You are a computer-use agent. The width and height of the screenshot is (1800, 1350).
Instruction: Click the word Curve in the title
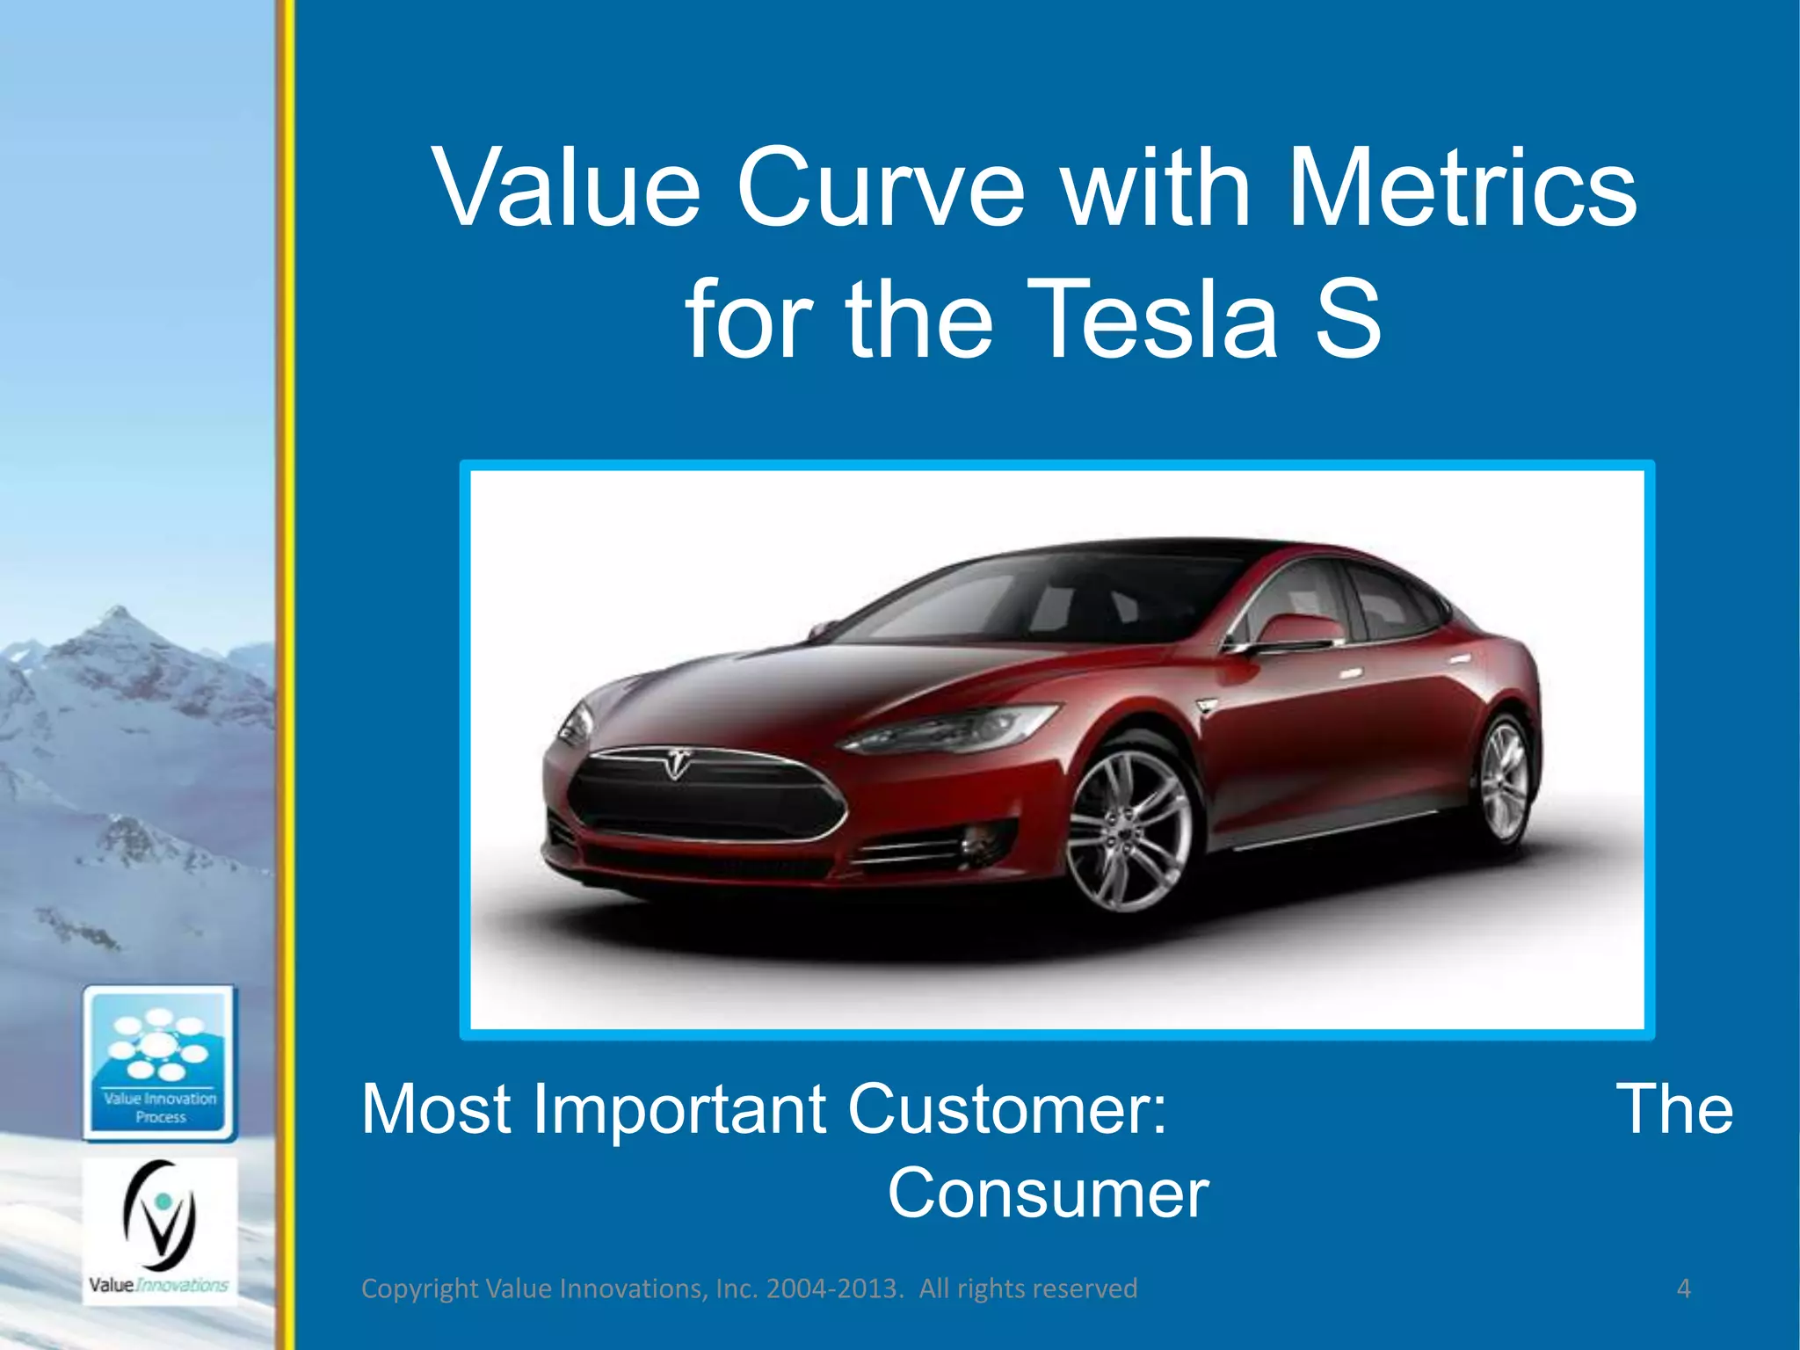coord(880,188)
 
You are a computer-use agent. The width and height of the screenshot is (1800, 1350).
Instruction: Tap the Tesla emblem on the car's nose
coord(675,761)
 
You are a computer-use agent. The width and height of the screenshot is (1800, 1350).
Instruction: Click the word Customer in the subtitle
coord(1006,1109)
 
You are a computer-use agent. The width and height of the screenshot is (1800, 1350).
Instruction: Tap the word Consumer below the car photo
coord(1048,1194)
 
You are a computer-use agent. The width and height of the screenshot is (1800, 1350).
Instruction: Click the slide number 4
coord(1683,1288)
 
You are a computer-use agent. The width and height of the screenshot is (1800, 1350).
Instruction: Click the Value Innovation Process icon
coord(160,1063)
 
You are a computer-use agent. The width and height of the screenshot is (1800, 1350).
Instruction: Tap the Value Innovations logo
coord(159,1230)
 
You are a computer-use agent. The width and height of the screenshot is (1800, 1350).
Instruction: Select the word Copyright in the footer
coord(420,1288)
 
